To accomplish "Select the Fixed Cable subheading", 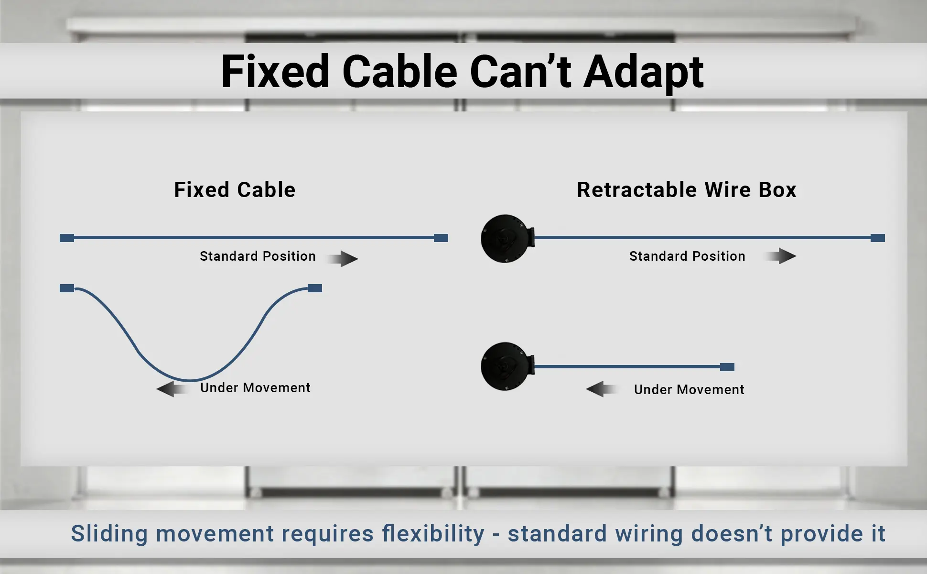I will (235, 190).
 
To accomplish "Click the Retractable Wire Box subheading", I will (686, 190).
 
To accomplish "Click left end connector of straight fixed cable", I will (67, 238).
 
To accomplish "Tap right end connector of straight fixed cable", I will (441, 238).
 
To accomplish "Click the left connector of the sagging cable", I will (67, 288).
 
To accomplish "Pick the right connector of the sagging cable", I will (314, 288).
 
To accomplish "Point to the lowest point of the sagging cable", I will (190, 380).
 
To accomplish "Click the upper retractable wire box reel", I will (506, 238).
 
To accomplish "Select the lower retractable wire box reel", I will (506, 366).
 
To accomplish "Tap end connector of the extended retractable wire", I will (877, 238).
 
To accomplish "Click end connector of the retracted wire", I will (727, 367).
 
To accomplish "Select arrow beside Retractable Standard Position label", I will (783, 256).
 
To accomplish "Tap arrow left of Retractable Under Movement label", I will (600, 389).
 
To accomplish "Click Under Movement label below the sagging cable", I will (255, 387).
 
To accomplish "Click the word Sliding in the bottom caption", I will (109, 534).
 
